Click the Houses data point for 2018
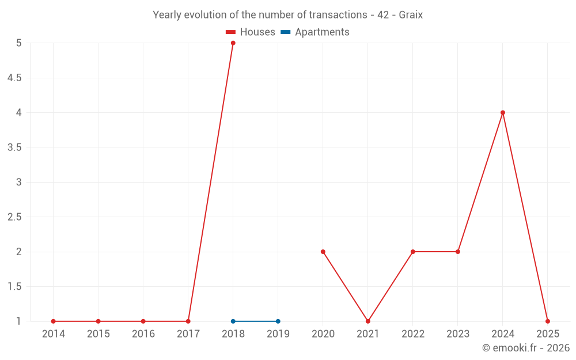[x=233, y=43]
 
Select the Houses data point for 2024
[x=503, y=113]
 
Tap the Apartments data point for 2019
[x=278, y=321]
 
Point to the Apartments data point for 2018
[x=233, y=321]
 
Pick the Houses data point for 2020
[x=323, y=252]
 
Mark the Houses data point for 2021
[x=368, y=321]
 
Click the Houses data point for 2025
[x=548, y=321]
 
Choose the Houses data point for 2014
[x=53, y=321]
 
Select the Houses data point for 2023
[x=458, y=252]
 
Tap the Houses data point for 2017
[x=188, y=321]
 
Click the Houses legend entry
[x=251, y=32]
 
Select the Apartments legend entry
[x=315, y=32]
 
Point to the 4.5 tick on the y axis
[x=14, y=78]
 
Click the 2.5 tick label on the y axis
[x=14, y=217]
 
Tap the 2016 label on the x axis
[x=143, y=334]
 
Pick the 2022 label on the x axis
[x=413, y=334]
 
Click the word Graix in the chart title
[x=410, y=15]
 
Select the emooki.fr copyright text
[x=526, y=348]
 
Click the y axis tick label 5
[x=19, y=43]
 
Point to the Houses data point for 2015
[x=98, y=321]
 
